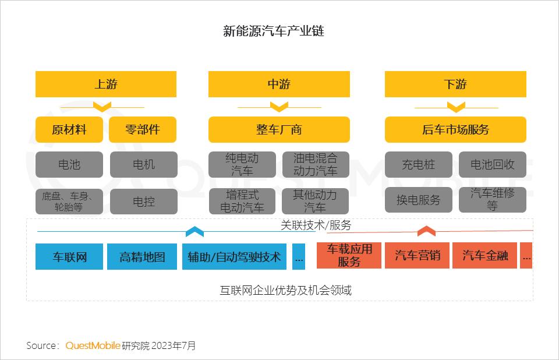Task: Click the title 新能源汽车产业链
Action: (x=274, y=31)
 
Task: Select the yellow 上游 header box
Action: (x=106, y=84)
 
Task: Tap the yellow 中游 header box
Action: (x=279, y=84)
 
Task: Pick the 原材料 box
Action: (x=69, y=129)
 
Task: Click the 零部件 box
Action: (x=143, y=129)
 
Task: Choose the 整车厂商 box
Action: (x=279, y=129)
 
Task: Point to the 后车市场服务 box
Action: (x=455, y=129)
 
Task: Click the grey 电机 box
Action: (x=144, y=164)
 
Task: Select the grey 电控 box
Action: (x=144, y=202)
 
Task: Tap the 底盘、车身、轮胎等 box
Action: (x=69, y=202)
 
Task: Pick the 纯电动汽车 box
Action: (x=242, y=164)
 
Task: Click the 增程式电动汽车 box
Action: (x=242, y=201)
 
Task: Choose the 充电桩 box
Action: (x=419, y=164)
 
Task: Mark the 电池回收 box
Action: (x=493, y=164)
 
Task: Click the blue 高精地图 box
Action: (x=142, y=256)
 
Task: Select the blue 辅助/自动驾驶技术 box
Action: (x=234, y=256)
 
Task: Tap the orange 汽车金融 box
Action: (x=484, y=256)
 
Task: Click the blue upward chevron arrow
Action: (x=194, y=231)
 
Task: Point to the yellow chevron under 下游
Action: (x=456, y=107)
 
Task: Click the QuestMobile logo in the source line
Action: (x=93, y=345)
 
